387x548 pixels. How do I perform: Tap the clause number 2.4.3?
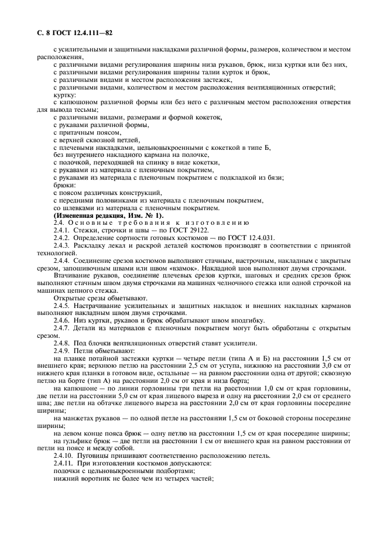pyautogui.click(x=61, y=246)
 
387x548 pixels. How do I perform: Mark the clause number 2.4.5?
pyautogui.click(x=61, y=304)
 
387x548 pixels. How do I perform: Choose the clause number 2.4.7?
pyautogui.click(x=61, y=327)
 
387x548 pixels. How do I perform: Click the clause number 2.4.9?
pyautogui.click(x=61, y=350)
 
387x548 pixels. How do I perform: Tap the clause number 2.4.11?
pyautogui.click(x=63, y=463)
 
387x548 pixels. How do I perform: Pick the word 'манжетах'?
pyautogui.click(x=80, y=417)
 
